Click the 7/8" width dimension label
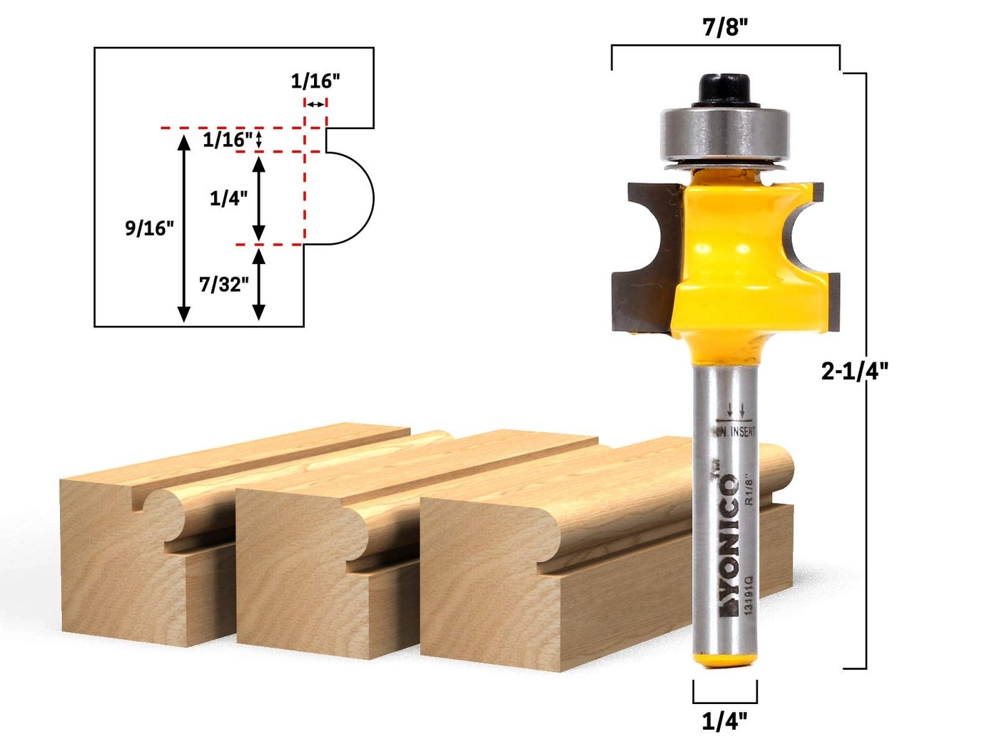(x=725, y=28)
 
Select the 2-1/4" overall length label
(x=854, y=371)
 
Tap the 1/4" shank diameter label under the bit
(x=724, y=721)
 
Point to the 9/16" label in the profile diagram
(x=149, y=228)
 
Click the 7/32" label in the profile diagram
(x=223, y=284)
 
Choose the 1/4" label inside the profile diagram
(x=228, y=198)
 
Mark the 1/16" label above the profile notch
(x=315, y=81)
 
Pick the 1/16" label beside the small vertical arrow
(x=227, y=139)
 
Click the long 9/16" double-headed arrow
(x=184, y=228)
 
